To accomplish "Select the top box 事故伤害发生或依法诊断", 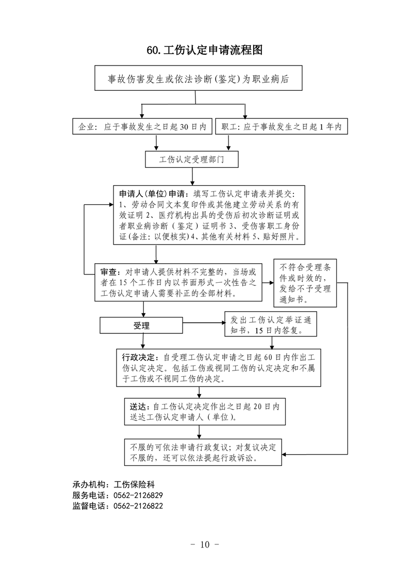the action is pyautogui.click(x=198, y=78).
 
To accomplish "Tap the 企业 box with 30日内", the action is pyautogui.click(x=142, y=126).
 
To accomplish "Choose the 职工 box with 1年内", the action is pyautogui.click(x=281, y=126).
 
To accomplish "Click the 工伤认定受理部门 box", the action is pyautogui.click(x=191, y=159).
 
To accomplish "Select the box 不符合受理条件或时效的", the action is pyautogui.click(x=305, y=283).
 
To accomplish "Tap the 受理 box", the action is pyautogui.click(x=141, y=325).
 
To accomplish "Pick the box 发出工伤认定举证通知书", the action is pyautogui.click(x=271, y=324).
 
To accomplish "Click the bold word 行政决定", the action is pyautogui.click(x=138, y=358).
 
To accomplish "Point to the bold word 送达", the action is pyautogui.click(x=138, y=407).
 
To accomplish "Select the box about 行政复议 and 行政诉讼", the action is pyautogui.click(x=203, y=452).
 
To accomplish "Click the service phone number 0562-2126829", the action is pyautogui.click(x=138, y=495).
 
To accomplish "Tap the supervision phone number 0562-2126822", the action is pyautogui.click(x=138, y=506).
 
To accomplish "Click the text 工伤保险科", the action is pyautogui.click(x=134, y=485).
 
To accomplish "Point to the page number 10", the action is pyautogui.click(x=204, y=544).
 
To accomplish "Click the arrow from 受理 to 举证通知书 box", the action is pyautogui.click(x=204, y=323).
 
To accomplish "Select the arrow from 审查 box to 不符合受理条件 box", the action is pyautogui.click(x=268, y=283).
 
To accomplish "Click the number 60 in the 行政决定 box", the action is pyautogui.click(x=268, y=358).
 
